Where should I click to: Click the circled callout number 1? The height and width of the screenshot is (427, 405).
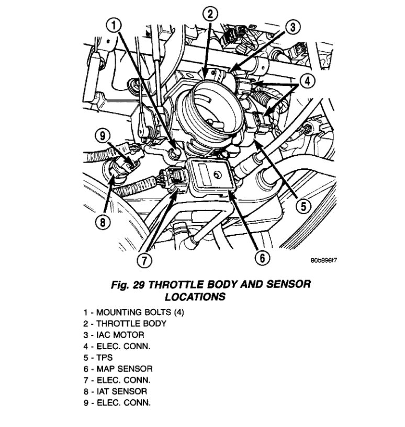(x=116, y=25)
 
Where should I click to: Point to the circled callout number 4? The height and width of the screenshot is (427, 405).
(x=306, y=81)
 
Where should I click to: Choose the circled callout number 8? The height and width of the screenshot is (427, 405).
(x=103, y=222)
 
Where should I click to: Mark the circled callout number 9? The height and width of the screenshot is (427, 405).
(x=103, y=136)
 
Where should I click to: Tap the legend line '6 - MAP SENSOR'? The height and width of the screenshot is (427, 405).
(x=118, y=368)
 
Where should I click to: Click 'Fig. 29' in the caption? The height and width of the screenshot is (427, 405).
(x=129, y=285)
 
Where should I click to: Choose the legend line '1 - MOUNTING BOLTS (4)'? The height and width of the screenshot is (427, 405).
(x=133, y=312)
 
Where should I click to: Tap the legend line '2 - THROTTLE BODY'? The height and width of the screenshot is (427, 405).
(x=125, y=323)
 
